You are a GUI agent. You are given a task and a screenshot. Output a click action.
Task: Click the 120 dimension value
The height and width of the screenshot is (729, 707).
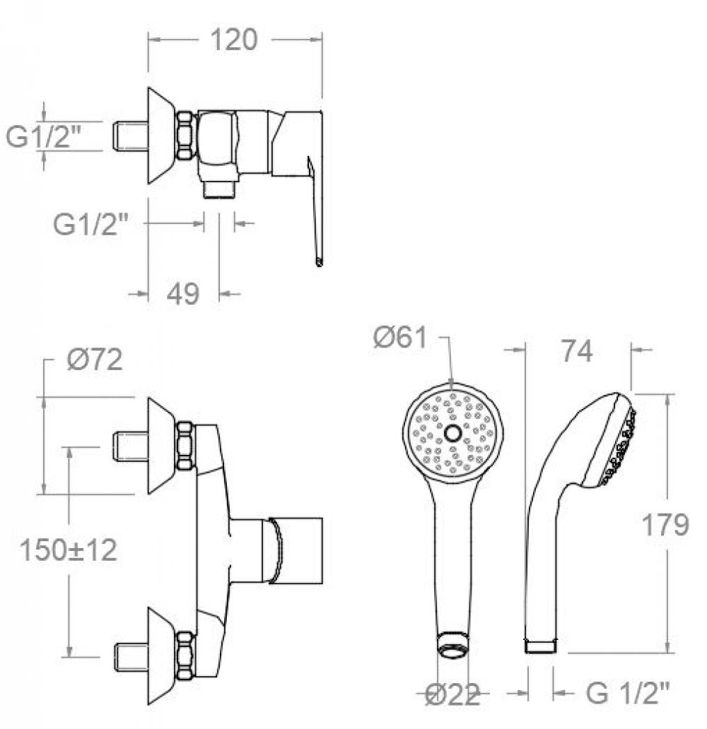[x=233, y=40]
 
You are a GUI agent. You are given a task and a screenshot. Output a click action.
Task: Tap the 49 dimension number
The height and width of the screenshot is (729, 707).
[x=183, y=293]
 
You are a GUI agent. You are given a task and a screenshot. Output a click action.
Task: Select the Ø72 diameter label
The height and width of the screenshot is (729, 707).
[x=95, y=360]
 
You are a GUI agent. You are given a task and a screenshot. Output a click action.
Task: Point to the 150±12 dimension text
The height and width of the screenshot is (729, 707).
[x=69, y=550]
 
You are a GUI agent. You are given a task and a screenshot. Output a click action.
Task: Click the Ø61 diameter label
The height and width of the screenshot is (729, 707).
[x=400, y=337]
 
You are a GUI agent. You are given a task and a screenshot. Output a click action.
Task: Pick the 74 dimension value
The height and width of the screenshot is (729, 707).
[x=577, y=351]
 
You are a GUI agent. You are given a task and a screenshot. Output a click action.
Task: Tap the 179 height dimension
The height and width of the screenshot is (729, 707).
[x=665, y=525]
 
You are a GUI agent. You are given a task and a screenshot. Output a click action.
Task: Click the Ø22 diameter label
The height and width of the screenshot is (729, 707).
[x=452, y=696]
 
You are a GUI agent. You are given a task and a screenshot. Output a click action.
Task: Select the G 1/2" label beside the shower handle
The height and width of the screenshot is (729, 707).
[x=628, y=694]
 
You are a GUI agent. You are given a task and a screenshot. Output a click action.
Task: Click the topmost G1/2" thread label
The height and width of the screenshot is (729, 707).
[x=43, y=136]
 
